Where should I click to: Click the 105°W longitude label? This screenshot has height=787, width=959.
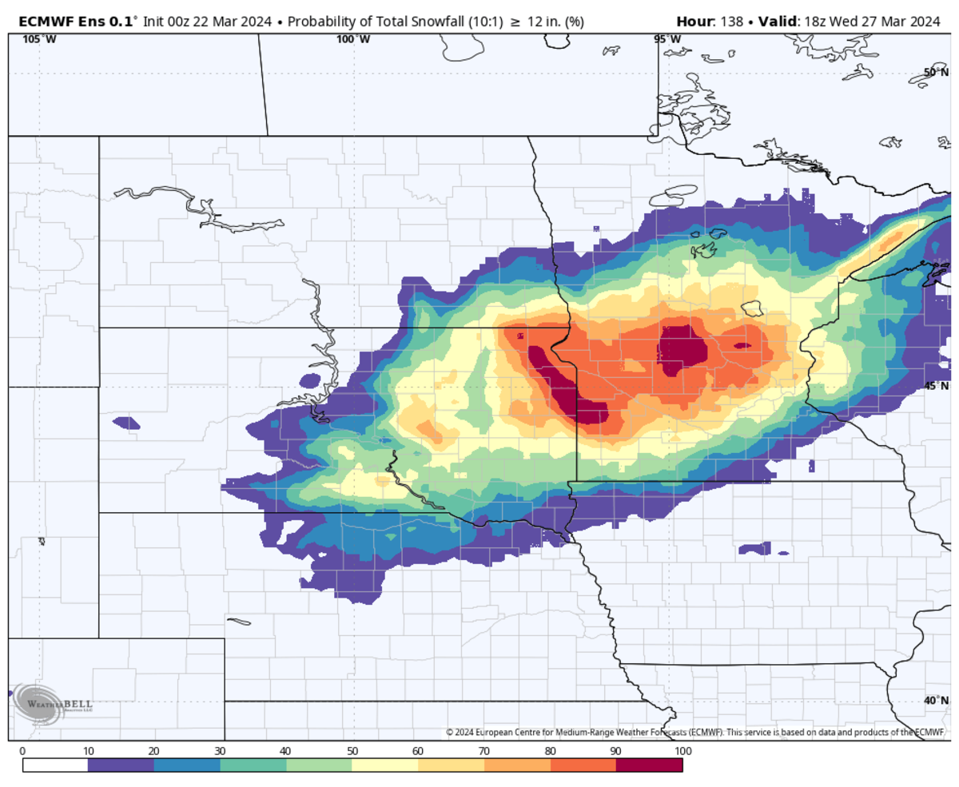coord(34,39)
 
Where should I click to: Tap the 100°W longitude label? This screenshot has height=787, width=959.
coord(352,39)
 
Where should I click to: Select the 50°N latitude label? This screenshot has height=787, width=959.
coord(934,73)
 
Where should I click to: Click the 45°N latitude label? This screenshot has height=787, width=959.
coord(934,386)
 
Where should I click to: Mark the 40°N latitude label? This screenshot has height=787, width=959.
coord(934,701)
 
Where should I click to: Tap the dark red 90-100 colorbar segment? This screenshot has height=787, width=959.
coord(649,765)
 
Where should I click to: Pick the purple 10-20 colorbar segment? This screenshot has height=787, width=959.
coord(121,765)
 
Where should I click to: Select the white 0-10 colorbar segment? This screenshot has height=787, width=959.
coord(55,765)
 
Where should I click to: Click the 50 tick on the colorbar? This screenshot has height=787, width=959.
coord(352,751)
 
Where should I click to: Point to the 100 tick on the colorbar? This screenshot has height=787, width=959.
coord(682,751)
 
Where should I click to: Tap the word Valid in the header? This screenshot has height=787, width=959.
coord(776,22)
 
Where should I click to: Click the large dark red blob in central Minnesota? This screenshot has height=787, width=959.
coord(683,349)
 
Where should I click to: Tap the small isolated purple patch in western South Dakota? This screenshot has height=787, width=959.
coord(125,422)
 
